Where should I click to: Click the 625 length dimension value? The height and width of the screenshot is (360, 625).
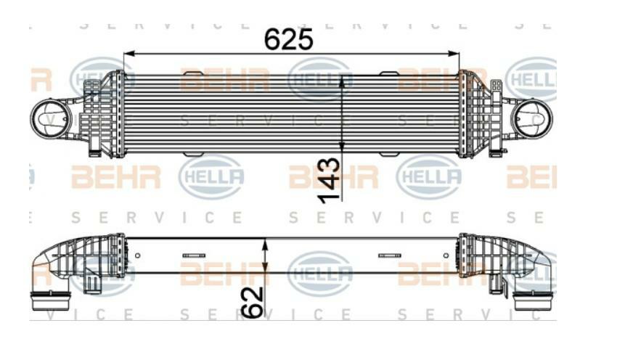[289, 38]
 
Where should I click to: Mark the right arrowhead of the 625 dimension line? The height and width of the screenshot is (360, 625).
[455, 53]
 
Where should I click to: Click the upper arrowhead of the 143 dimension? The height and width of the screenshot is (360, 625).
[342, 78]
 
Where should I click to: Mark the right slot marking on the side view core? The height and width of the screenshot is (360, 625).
[389, 255]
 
